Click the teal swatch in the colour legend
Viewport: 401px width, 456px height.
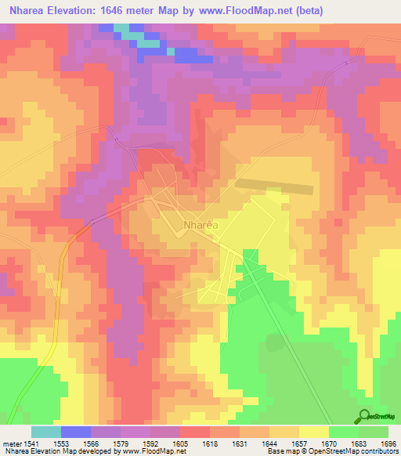(x=45, y=432)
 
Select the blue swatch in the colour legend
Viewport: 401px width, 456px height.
(x=76, y=432)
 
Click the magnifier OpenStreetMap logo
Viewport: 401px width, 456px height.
(x=364, y=417)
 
